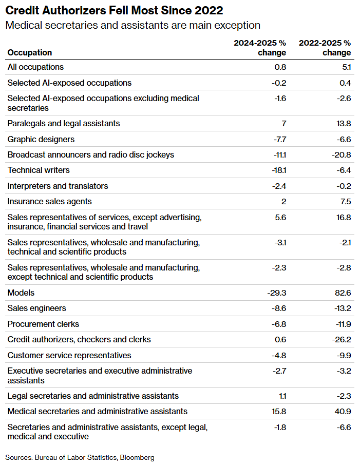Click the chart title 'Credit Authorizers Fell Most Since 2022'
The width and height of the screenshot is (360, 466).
pyautogui.click(x=114, y=10)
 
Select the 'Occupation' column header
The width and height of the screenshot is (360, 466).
pyautogui.click(x=30, y=52)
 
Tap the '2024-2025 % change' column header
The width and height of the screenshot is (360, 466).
pyautogui.click(x=260, y=48)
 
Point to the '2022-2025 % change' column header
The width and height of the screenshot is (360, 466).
pyautogui.click(x=325, y=48)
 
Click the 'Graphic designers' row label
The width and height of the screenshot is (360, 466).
pyautogui.click(x=41, y=140)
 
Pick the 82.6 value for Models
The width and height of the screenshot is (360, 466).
pyautogui.click(x=343, y=293)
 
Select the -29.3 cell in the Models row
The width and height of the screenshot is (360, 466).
pyautogui.click(x=277, y=293)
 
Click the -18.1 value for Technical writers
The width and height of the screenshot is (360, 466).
pyautogui.click(x=279, y=170)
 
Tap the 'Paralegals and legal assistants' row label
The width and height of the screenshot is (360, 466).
pyautogui.click(x=64, y=124)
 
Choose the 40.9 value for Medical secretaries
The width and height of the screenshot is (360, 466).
pyautogui.click(x=343, y=411)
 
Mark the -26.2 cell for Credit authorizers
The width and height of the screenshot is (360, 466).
pyautogui.click(x=342, y=339)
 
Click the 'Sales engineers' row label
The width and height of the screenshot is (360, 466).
pyautogui.click(x=37, y=308)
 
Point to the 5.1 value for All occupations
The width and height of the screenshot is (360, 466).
pyautogui.click(x=347, y=67)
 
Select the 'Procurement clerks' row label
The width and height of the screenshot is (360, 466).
pyautogui.click(x=44, y=324)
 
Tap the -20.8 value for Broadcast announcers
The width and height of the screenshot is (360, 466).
pyautogui.click(x=342, y=155)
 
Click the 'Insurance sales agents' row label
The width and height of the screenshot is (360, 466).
pyautogui.click(x=50, y=202)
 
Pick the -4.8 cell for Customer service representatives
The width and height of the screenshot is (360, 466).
pyautogui.click(x=279, y=356)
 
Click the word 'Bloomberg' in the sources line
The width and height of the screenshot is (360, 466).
pyautogui.click(x=137, y=458)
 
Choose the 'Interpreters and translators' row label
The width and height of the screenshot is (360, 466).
pyautogui.click(x=58, y=186)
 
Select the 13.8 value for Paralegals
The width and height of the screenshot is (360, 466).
pyautogui.click(x=344, y=124)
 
